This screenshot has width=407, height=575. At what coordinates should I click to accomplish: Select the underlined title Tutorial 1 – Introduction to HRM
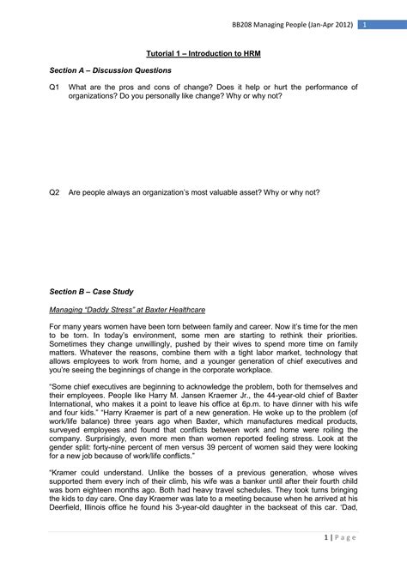tap(203, 53)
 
